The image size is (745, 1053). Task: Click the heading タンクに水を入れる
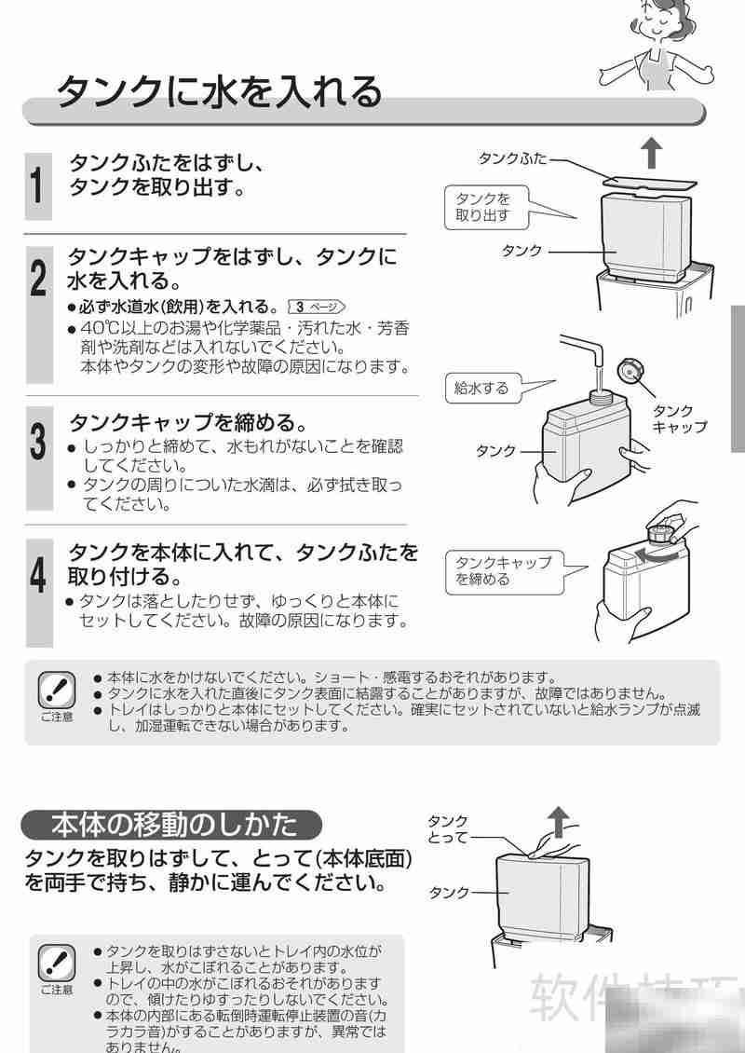pyautogui.click(x=220, y=91)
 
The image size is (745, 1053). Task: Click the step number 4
pyautogui.click(x=37, y=576)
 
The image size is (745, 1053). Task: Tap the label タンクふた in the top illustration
pyautogui.click(x=511, y=158)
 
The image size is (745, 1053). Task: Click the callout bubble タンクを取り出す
pyautogui.click(x=482, y=207)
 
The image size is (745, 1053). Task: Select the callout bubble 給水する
pyautogui.click(x=481, y=389)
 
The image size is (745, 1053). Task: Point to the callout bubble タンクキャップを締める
pyautogui.click(x=503, y=570)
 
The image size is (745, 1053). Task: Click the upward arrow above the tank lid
pyautogui.click(x=652, y=151)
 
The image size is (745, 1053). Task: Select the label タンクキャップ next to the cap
pyautogui.click(x=678, y=418)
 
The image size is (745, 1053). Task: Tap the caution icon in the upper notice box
pyautogui.click(x=56, y=691)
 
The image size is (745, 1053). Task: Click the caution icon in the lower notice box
pyautogui.click(x=56, y=964)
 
